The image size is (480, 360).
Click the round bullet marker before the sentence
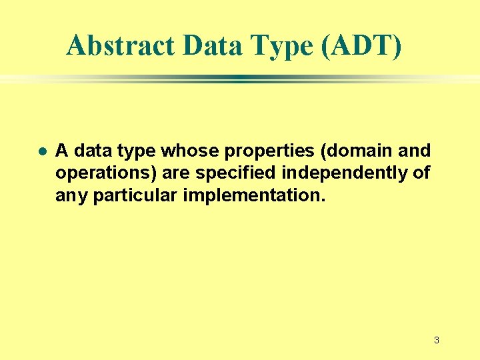coord(41,151)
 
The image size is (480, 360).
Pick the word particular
coord(137,197)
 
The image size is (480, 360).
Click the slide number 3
coord(436,340)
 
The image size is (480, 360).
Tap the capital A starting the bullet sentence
coord(61,151)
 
